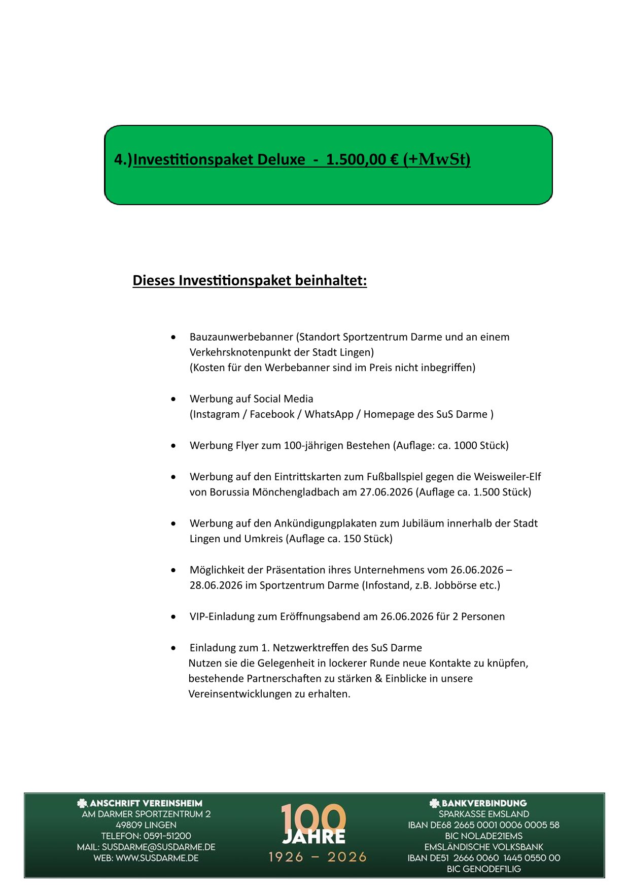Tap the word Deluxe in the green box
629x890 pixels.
[x=281, y=159]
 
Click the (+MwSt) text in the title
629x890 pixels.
[x=437, y=159]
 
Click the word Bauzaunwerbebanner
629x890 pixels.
[x=241, y=337]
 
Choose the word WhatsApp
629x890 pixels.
[x=329, y=414]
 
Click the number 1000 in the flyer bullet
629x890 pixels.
[x=466, y=446]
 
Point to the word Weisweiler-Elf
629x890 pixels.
[x=507, y=477]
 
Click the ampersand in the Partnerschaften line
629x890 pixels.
[x=378, y=679]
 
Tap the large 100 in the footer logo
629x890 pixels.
[x=313, y=818]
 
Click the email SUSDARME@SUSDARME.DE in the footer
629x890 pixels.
[x=158, y=847]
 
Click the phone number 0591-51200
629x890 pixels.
[x=167, y=836]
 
